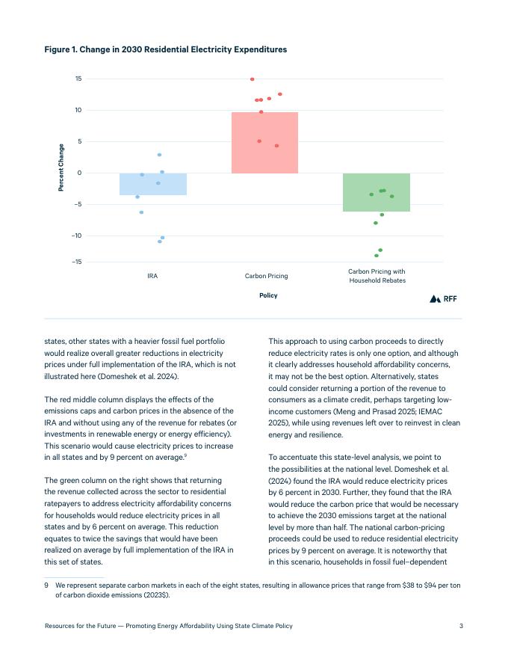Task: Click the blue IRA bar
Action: [153, 184]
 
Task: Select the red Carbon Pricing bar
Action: [264, 143]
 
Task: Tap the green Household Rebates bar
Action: [377, 192]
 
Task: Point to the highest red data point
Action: [253, 79]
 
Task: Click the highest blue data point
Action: [159, 155]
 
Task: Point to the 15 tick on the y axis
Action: [78, 79]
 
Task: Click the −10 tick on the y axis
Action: [77, 236]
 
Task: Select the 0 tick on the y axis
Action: [79, 173]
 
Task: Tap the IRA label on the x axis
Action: [152, 277]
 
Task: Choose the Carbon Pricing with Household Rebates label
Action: [377, 276]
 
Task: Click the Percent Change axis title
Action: [61, 167]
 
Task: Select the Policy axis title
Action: [268, 295]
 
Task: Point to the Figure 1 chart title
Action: [165, 49]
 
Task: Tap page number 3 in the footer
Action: [461, 625]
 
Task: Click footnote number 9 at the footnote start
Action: [47, 585]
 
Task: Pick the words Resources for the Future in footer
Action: [84, 625]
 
